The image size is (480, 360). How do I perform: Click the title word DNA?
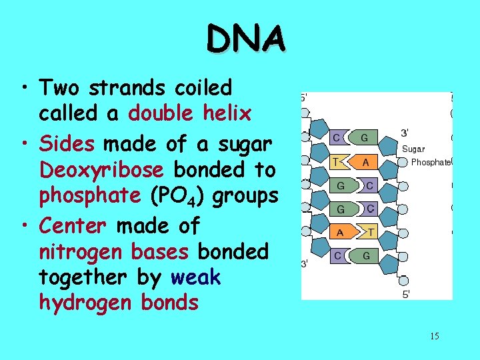click(x=247, y=38)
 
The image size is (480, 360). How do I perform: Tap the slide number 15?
click(x=434, y=336)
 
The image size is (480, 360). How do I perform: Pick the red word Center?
click(x=73, y=226)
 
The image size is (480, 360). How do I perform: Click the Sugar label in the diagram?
click(x=413, y=149)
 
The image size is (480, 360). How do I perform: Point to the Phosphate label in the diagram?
click(x=431, y=162)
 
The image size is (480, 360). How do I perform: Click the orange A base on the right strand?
click(x=365, y=161)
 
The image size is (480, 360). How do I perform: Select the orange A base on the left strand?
click(x=340, y=232)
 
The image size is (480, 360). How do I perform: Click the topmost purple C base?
click(x=339, y=138)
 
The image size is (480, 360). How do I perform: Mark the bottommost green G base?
click(x=366, y=255)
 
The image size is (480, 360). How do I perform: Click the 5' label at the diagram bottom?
click(x=406, y=294)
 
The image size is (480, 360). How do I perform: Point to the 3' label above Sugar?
click(x=405, y=133)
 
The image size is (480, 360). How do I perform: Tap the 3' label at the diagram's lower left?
click(x=305, y=264)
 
